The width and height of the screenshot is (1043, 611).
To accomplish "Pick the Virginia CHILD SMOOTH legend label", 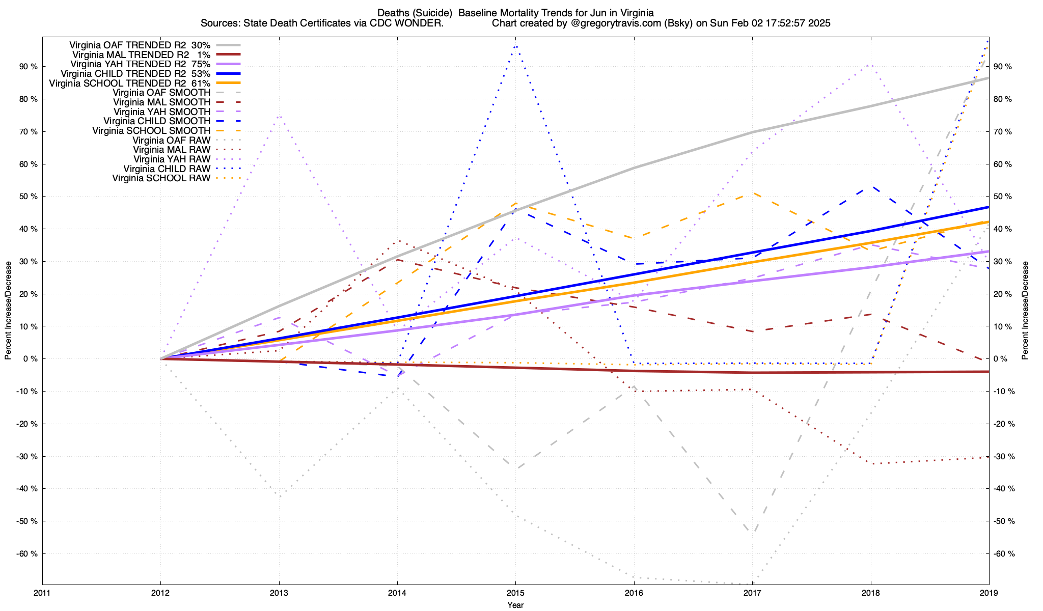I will tap(157, 121).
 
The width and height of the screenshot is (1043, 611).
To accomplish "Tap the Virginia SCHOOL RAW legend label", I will tap(161, 178).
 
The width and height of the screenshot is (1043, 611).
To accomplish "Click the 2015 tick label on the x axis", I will tap(515, 593).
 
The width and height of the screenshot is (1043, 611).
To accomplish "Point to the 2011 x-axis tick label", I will tap(42, 593).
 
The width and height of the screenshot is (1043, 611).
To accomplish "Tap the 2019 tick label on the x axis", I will tap(989, 593).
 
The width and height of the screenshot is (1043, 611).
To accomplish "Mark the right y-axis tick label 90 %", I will tap(1003, 67).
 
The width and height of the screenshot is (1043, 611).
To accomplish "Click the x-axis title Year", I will tap(515, 605).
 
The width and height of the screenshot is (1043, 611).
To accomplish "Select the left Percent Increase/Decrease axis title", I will tap(8, 311).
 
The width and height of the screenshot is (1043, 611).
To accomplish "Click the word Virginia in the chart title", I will tap(636, 13).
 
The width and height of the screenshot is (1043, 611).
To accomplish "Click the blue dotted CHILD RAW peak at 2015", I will tap(516, 46).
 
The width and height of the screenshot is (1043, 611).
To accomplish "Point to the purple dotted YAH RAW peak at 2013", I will tap(279, 116).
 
